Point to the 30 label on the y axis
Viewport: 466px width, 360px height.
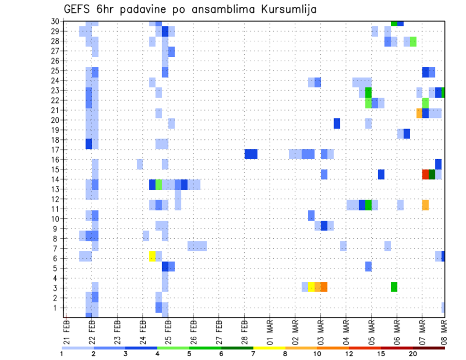(x=55, y=21)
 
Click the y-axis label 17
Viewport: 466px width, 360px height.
(x=55, y=149)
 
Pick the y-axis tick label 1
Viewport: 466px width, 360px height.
(x=57, y=308)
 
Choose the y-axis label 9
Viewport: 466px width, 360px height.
(x=57, y=229)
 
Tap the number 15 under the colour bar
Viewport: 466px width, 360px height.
(x=381, y=354)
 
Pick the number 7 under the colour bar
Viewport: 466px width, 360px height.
(x=253, y=354)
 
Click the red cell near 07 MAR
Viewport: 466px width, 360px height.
(x=426, y=174)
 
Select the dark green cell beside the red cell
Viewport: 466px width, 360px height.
(x=432, y=174)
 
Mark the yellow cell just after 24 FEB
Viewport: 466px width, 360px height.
(x=152, y=256)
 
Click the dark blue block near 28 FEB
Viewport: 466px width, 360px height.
(x=251, y=154)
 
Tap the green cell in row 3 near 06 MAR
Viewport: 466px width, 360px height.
(x=394, y=287)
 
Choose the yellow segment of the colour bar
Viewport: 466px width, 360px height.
(x=269, y=348)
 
